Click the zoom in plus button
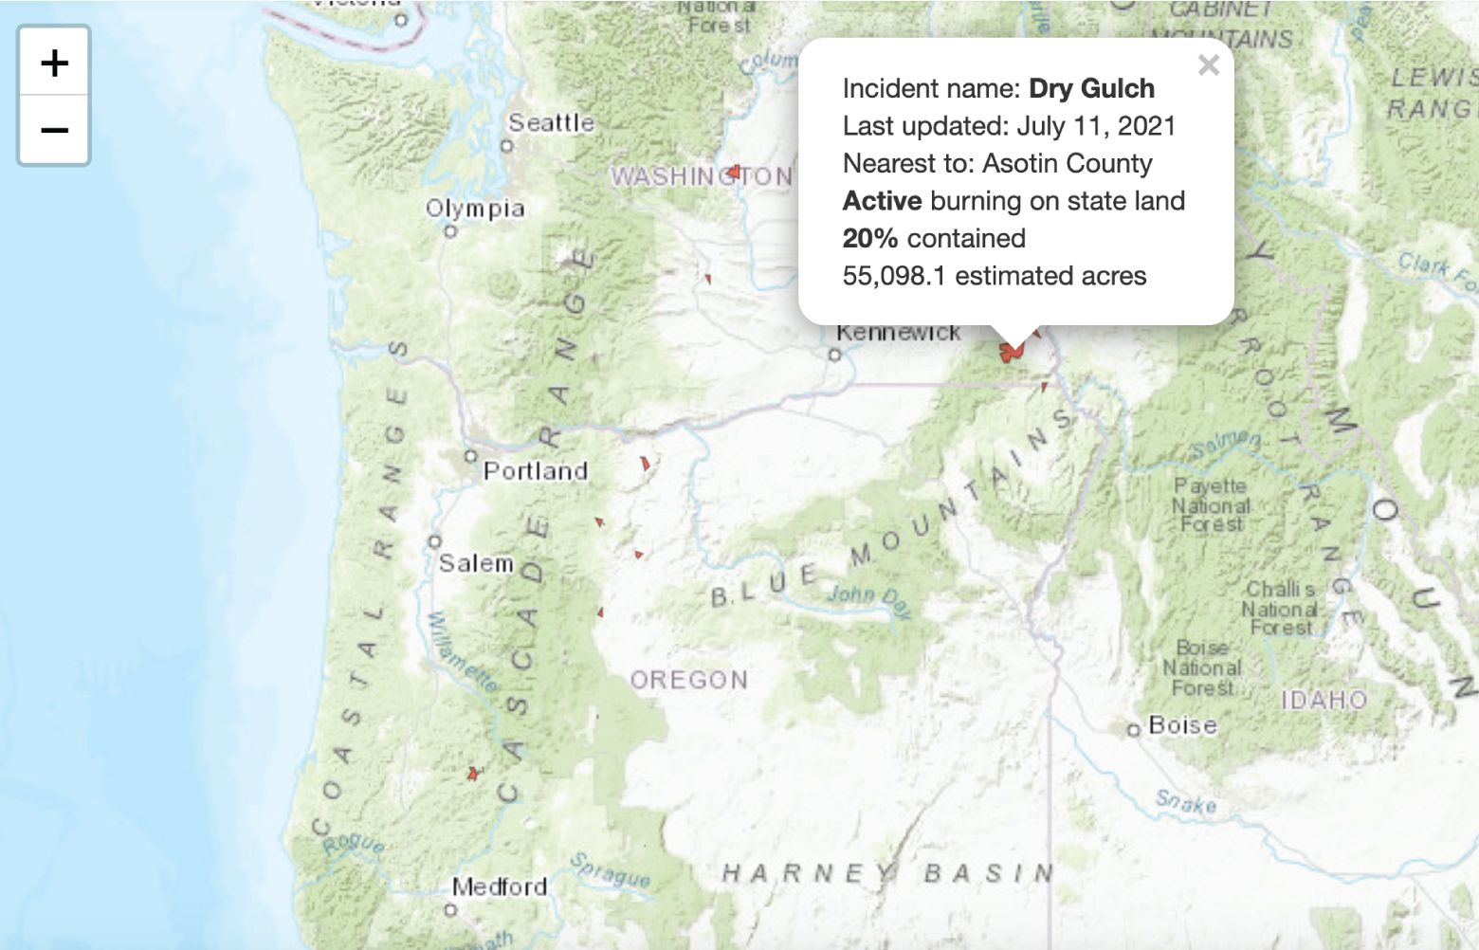(54, 63)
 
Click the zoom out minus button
(54, 130)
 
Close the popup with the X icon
(1208, 65)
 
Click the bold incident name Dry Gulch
(1091, 88)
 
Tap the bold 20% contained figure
(869, 238)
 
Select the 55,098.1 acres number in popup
(894, 276)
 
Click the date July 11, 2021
(1096, 126)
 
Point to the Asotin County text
(1067, 163)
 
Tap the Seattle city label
(551, 122)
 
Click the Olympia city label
(475, 208)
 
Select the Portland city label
(536, 470)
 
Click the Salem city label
(476, 563)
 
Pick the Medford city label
(500, 886)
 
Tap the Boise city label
(1182, 725)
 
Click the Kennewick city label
(898, 333)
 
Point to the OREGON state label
(689, 680)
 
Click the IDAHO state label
(1324, 701)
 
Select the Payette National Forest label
(1211, 505)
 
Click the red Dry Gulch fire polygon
(1011, 353)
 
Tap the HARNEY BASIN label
(887, 872)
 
